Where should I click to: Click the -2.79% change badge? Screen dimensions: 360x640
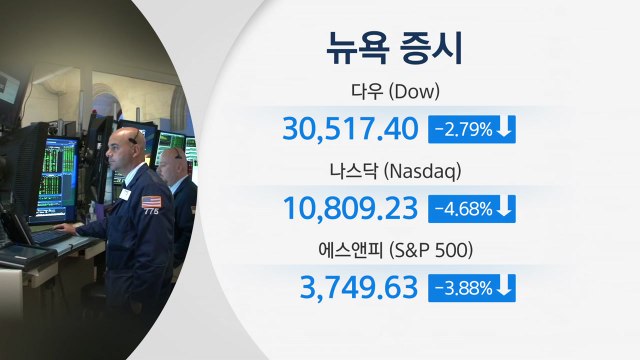[460, 130]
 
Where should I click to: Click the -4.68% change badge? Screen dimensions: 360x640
[460, 208]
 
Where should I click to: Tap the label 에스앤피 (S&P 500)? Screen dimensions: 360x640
[411, 250]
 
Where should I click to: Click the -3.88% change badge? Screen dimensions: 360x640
[460, 287]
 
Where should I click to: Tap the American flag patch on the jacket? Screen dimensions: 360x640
[151, 201]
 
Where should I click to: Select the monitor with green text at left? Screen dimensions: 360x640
[57, 180]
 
